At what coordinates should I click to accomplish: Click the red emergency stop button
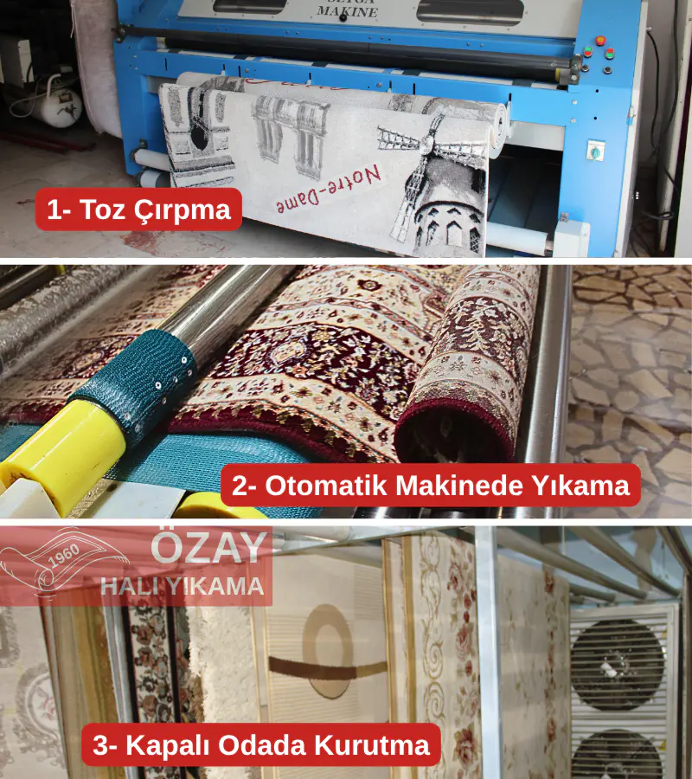click(x=600, y=40)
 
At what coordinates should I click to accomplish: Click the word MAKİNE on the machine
click(x=348, y=11)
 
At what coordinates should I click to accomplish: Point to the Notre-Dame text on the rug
click(x=328, y=190)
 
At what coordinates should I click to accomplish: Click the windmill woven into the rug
click(x=437, y=183)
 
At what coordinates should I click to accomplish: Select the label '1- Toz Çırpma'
click(x=138, y=209)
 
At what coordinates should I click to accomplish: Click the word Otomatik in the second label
click(x=325, y=485)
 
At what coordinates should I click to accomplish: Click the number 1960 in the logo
click(x=64, y=556)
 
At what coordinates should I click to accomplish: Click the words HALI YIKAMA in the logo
click(x=183, y=586)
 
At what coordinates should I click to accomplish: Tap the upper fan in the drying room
click(x=618, y=663)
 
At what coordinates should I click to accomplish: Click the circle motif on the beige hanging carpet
click(x=329, y=651)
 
